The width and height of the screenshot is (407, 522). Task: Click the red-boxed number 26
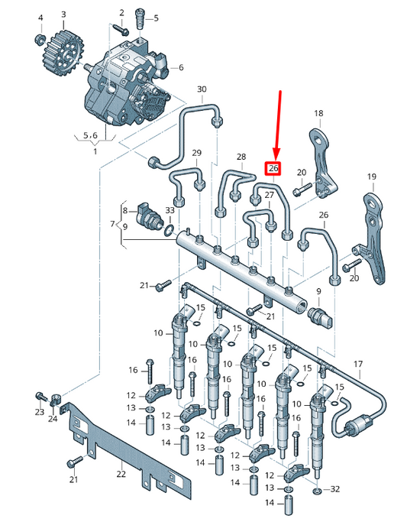(273, 169)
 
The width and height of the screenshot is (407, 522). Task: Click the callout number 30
(202, 89)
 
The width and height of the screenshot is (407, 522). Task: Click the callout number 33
(170, 210)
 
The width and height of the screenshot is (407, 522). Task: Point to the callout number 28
(241, 157)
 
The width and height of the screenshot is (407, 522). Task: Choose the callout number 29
(196, 154)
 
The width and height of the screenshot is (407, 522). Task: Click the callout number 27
(269, 196)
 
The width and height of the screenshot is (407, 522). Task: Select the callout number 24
(53, 419)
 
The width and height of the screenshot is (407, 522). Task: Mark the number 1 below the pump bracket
(95, 151)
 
